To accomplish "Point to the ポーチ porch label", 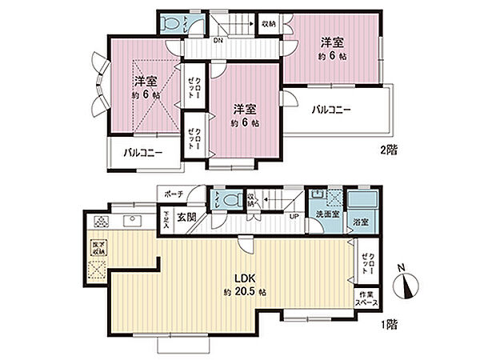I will point(174,194).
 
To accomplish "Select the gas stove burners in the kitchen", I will point(102,222).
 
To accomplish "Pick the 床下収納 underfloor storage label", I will point(99,247).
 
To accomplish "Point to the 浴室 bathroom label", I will point(360,222).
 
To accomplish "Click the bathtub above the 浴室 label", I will point(366,202).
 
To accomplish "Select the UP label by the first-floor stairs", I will point(294,217).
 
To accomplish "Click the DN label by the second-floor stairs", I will point(218,40).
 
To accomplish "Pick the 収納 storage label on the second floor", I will point(270,24).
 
